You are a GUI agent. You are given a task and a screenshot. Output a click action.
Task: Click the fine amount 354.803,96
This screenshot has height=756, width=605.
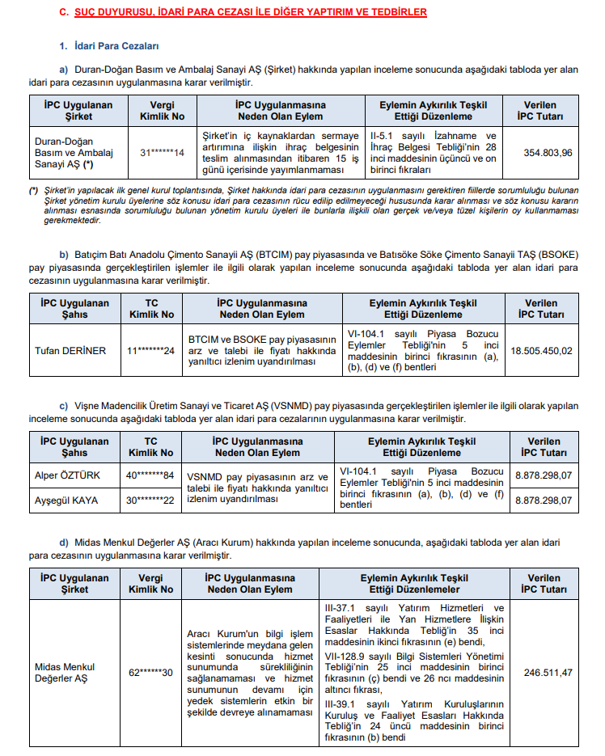[548, 153]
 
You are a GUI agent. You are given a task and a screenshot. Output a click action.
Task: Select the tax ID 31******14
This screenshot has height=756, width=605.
[162, 153]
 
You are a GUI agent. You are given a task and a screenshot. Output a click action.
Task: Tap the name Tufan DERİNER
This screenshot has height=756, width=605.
[70, 350]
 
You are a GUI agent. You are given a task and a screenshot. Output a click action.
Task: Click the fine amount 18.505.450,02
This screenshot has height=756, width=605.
[541, 350]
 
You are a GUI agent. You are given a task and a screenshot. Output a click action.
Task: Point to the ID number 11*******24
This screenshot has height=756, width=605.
[150, 350]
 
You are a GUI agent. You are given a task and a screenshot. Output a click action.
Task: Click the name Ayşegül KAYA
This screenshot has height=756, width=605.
[65, 500]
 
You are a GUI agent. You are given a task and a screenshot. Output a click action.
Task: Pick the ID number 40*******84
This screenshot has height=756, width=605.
[150, 475]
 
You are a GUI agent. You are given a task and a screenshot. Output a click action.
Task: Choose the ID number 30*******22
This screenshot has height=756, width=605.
[150, 500]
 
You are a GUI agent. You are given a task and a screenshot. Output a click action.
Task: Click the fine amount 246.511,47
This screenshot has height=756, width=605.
[548, 673]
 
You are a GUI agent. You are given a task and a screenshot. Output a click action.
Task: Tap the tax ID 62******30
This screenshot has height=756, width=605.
[150, 673]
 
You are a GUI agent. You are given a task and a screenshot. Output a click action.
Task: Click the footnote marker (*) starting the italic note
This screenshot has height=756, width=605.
[33, 191]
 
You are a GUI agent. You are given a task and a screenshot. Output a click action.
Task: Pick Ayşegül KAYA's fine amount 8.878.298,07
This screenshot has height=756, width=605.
[544, 500]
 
